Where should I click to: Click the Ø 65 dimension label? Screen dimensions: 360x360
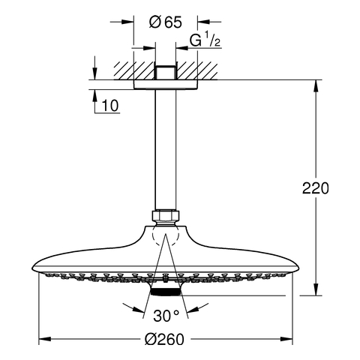point(166,22)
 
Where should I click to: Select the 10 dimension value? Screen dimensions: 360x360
point(110,106)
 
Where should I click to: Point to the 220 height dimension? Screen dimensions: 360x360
point(316,188)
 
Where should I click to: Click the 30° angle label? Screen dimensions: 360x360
point(166,316)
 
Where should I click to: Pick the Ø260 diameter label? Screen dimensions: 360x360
point(164,340)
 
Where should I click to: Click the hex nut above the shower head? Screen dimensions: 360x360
point(166,216)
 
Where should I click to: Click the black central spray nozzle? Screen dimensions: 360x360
point(166,292)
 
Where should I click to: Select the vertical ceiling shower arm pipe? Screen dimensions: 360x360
point(165,149)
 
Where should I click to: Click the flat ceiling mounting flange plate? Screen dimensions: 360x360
point(166,85)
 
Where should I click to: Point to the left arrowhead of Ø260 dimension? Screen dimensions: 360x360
point(45,339)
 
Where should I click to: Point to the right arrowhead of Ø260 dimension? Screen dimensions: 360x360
point(286,339)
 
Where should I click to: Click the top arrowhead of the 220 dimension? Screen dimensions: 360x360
point(316,86)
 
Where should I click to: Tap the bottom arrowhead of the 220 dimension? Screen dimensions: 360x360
point(316,289)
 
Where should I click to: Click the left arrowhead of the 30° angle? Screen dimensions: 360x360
point(138,309)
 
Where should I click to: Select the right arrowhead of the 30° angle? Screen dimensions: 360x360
point(193,309)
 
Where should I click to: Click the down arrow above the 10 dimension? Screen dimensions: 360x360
point(94,73)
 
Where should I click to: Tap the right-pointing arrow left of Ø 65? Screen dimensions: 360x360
point(127,22)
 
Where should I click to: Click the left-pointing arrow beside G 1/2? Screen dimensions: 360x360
point(181,47)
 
